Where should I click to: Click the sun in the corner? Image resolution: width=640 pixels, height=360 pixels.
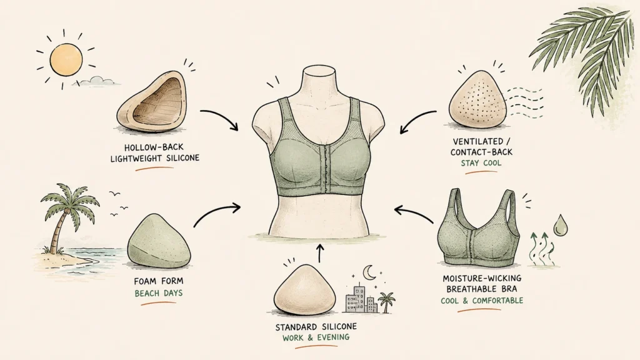(x=66, y=59)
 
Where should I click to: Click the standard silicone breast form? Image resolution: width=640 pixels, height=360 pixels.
(x=304, y=289)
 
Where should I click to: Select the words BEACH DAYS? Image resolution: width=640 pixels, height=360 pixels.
(x=159, y=293)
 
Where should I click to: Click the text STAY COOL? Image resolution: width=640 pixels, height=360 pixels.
(x=481, y=163)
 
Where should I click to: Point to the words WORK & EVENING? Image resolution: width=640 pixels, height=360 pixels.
(x=316, y=337)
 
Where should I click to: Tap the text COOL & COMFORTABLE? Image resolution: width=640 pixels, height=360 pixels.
(x=482, y=301)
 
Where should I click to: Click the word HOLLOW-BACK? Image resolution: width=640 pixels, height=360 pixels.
(x=154, y=147)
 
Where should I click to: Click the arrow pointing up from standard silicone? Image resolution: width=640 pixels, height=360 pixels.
(x=319, y=253)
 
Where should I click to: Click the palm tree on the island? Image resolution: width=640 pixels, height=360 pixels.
(x=65, y=216)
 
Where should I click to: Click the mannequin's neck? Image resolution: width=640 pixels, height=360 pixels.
(x=319, y=82)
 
